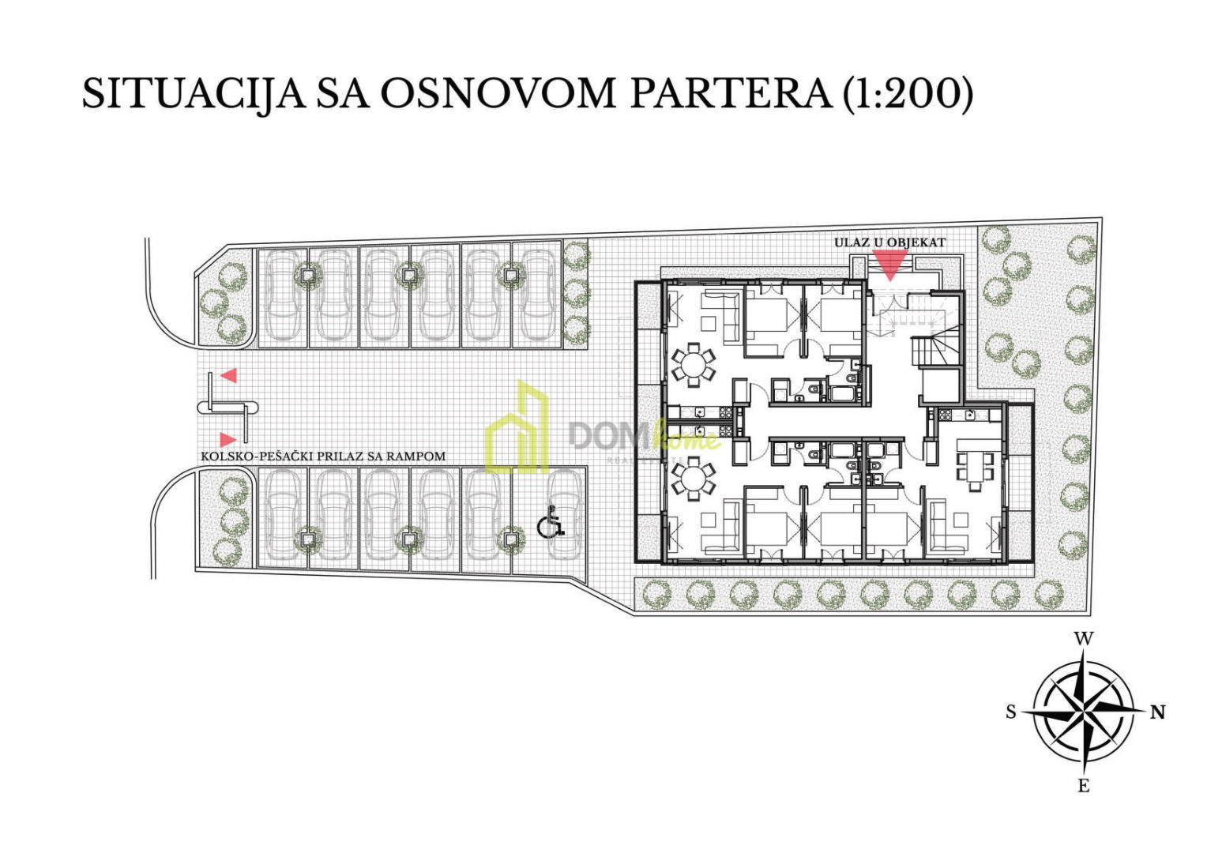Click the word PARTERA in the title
(x=730, y=94)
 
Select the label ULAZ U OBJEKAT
(x=889, y=243)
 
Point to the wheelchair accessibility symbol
(x=550, y=521)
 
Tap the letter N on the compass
(x=1158, y=712)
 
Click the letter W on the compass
(x=1083, y=639)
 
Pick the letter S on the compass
(x=1011, y=712)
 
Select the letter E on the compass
(x=1084, y=786)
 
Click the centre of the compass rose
(x=1084, y=712)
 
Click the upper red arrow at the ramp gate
(x=229, y=376)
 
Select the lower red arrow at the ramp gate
(x=228, y=439)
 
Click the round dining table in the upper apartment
(x=694, y=365)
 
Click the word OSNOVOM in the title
(x=498, y=95)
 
